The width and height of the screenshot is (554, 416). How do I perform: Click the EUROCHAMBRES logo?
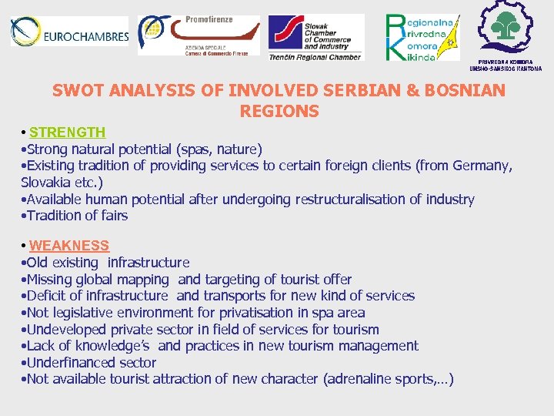pos(69,32)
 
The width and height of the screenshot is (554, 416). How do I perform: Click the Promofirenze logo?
pos(199,35)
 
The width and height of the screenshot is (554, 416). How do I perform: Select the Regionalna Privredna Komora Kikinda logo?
pos(421,36)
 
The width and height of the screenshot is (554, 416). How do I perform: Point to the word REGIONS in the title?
pos(279,112)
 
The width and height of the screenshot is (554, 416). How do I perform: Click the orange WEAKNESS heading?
pos(69,246)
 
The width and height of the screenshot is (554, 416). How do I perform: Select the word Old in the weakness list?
pos(39,263)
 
